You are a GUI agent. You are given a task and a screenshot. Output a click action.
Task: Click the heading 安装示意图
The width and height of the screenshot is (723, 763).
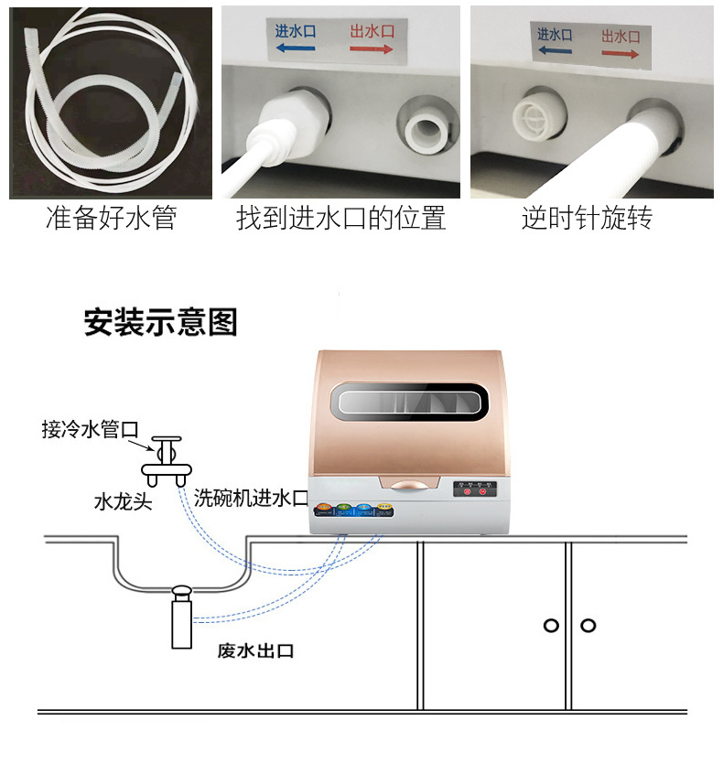[161, 322]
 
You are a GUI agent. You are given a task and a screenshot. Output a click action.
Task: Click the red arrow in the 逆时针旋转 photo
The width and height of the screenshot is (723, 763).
[620, 54]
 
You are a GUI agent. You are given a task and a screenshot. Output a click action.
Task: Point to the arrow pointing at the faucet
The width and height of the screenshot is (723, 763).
[141, 446]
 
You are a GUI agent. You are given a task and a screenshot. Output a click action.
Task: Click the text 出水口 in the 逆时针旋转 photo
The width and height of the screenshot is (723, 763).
[621, 35]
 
